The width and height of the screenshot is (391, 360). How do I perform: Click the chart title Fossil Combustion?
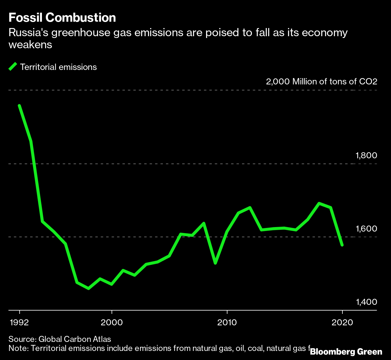click(x=62, y=18)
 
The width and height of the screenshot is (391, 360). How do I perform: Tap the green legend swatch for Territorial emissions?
click(x=13, y=67)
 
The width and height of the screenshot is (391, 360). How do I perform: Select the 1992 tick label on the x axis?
click(x=20, y=322)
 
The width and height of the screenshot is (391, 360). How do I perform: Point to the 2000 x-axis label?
click(x=112, y=322)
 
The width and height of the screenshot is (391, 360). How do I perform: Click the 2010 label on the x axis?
click(x=227, y=322)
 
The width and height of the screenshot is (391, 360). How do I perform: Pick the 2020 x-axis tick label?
click(x=342, y=322)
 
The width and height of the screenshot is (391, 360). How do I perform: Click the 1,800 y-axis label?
click(x=366, y=156)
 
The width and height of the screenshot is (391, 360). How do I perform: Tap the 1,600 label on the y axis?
click(x=366, y=229)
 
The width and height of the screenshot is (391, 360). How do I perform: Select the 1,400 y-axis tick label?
click(x=366, y=302)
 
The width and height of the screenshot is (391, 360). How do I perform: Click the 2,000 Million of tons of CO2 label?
click(x=322, y=82)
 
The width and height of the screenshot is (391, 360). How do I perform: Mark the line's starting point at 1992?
click(x=19, y=106)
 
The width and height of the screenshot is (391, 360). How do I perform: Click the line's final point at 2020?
click(x=342, y=245)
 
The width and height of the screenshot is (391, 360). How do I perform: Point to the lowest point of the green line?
click(x=89, y=289)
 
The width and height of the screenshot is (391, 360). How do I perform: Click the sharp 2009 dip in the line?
click(x=215, y=263)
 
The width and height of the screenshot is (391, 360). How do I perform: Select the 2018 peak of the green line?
click(x=319, y=203)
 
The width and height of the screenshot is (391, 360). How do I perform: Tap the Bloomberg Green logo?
click(x=346, y=352)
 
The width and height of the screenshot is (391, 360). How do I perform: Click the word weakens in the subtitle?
click(x=30, y=45)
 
